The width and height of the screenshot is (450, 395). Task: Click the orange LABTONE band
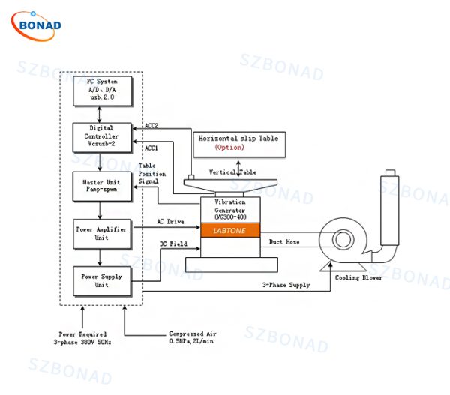click(229, 230)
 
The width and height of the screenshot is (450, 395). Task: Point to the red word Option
click(229, 148)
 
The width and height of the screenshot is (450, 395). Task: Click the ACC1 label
click(151, 147)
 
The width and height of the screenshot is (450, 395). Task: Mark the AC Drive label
click(170, 222)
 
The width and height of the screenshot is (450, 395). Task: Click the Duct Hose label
click(285, 241)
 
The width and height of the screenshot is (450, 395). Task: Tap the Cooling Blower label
click(358, 277)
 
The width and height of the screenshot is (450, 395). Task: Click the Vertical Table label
click(233, 172)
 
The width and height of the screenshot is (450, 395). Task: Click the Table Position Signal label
click(152, 173)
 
